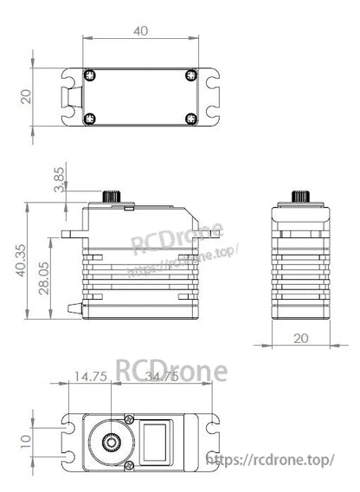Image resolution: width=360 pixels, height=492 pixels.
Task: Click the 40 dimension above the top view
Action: [x=141, y=30]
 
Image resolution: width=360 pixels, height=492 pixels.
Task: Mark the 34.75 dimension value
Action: [x=161, y=377]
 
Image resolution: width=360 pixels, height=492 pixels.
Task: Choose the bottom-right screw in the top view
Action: [x=190, y=118]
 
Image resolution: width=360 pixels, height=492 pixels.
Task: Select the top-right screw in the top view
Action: [x=190, y=75]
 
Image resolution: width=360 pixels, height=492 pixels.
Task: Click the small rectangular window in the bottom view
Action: [x=159, y=440]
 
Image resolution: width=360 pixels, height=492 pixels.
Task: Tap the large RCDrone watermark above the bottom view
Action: [x=171, y=371]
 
